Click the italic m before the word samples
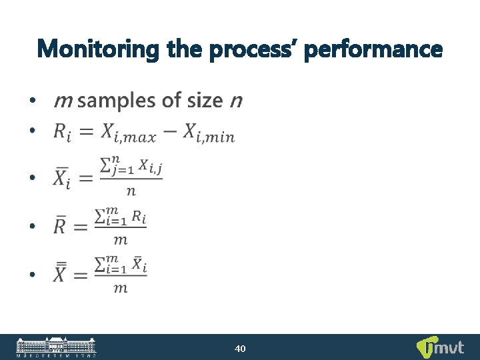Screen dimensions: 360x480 pyautogui.click(x=63, y=101)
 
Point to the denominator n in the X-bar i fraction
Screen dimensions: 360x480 pyautogui.click(x=131, y=191)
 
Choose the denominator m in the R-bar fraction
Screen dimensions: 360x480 pyautogui.click(x=120, y=239)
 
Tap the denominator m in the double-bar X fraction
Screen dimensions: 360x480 pyautogui.click(x=120, y=288)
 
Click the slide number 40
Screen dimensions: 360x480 pyautogui.click(x=241, y=348)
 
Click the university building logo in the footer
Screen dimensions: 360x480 pyautogui.click(x=56, y=347)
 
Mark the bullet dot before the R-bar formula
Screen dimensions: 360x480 pyautogui.click(x=31, y=227)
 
